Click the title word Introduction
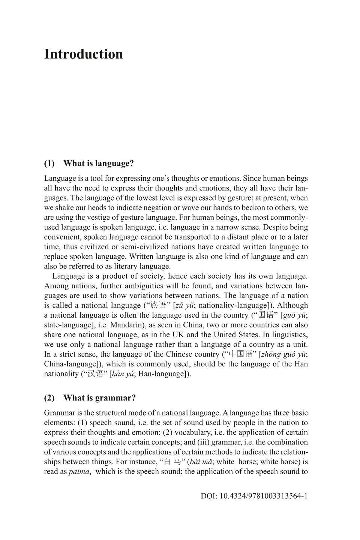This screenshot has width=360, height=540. point(83,54)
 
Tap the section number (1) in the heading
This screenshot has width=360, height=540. point(49,164)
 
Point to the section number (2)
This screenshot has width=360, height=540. point(49,398)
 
